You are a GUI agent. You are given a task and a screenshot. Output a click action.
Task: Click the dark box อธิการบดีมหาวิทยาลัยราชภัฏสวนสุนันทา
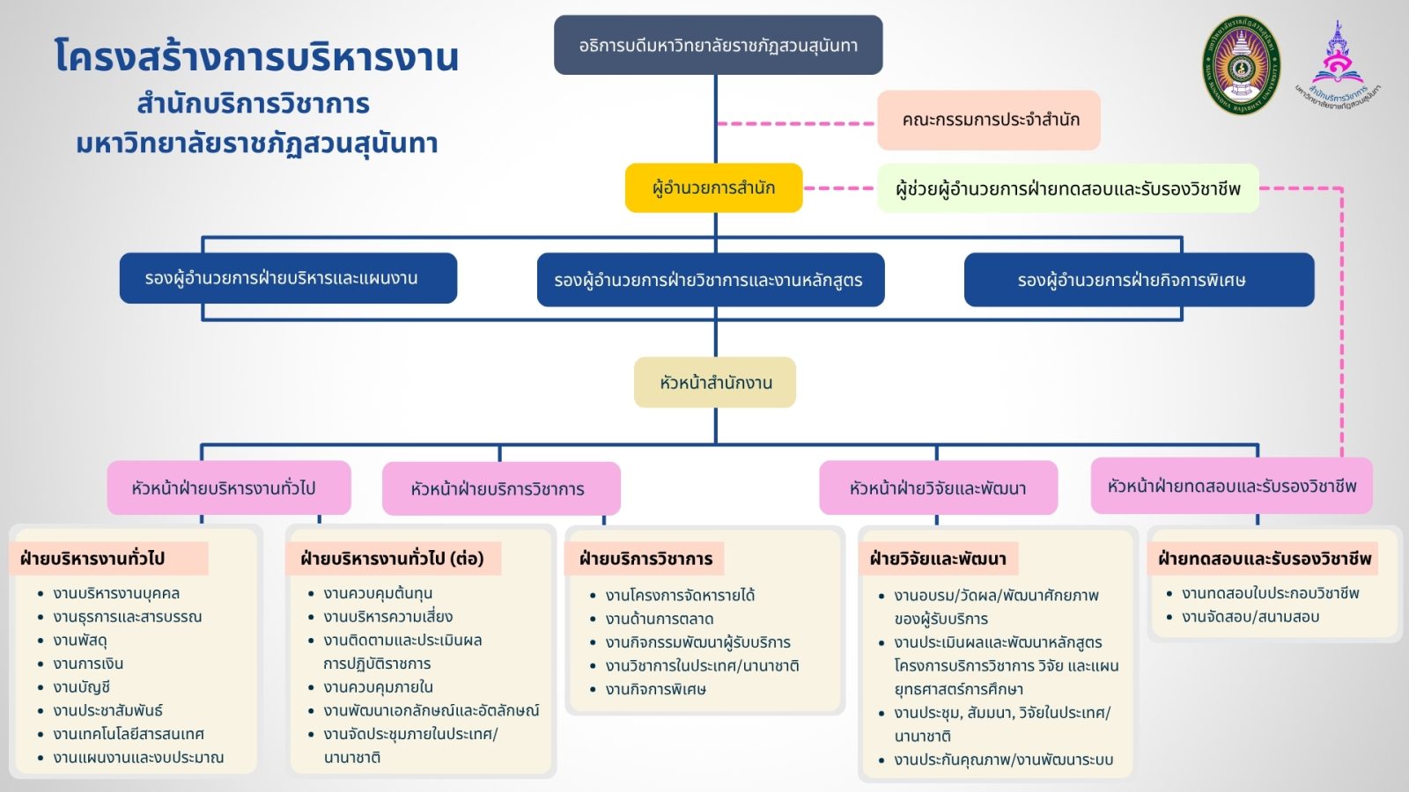pos(718,45)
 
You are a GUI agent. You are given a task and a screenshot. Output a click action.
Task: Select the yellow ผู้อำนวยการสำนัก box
pos(713,188)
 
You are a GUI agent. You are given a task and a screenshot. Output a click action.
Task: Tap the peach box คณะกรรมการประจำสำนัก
pos(989,120)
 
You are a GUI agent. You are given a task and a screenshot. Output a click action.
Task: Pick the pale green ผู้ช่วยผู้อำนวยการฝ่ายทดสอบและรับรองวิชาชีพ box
pos(1068,188)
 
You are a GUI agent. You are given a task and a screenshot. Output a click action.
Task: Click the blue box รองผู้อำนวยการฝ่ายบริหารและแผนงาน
pos(288,278)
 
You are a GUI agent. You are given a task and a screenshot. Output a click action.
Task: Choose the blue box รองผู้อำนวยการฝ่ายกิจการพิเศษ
pos(1140,280)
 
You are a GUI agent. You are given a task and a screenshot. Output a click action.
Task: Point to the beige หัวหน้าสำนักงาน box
pos(715,382)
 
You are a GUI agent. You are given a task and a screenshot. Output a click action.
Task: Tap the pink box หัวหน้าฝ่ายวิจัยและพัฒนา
pos(939,488)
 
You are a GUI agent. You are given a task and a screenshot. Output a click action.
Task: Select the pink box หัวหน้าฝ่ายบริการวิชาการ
pos(501,488)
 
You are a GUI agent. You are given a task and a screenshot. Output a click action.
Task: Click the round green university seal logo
pos(1241,65)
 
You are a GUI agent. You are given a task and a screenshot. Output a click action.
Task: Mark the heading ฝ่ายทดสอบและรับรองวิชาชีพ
pos(1265,559)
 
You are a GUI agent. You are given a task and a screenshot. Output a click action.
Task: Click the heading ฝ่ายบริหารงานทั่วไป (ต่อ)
pos(392,559)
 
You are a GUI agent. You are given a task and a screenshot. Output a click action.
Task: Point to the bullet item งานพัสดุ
pos(80,641)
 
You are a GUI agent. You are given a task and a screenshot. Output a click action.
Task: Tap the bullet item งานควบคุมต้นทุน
pos(378,593)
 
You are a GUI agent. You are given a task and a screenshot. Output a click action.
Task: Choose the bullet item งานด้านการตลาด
pos(660,620)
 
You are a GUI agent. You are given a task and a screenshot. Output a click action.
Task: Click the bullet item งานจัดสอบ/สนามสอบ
pos(1250,617)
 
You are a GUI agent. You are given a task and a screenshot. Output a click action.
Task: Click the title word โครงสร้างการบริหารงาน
pos(256,56)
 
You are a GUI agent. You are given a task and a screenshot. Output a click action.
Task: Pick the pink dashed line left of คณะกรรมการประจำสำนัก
pos(796,124)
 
